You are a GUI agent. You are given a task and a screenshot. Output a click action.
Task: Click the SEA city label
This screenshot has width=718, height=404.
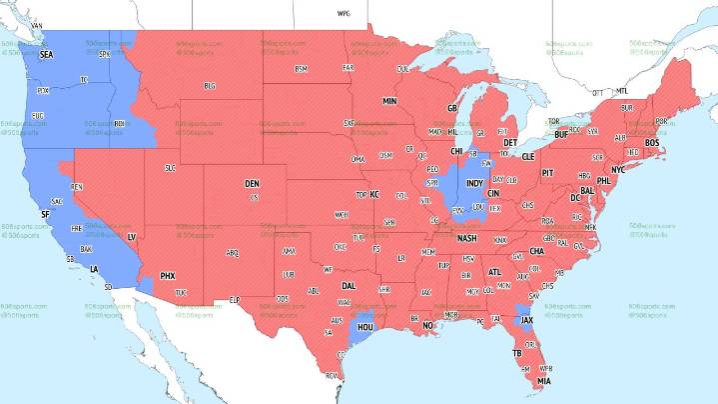pos(46,56)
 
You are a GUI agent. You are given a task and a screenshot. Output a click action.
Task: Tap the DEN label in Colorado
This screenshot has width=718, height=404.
pos(252,184)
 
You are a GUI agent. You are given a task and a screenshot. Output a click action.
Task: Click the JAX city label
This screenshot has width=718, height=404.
pos(526,321)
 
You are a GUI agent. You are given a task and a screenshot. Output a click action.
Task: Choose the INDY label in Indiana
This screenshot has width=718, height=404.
pos(473,184)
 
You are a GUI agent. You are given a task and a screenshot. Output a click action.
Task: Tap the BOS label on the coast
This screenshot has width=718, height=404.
pos(652,143)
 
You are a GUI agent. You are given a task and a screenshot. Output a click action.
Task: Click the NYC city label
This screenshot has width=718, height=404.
pos(617,170)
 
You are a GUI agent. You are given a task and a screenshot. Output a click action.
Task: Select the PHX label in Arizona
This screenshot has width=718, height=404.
pos(168,275)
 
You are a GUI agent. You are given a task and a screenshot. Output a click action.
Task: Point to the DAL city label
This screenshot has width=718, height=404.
pos(349,286)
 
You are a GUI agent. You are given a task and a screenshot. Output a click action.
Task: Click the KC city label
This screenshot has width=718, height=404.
pos(374,194)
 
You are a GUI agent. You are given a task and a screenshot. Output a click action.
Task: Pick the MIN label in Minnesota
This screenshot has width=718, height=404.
pos(389,102)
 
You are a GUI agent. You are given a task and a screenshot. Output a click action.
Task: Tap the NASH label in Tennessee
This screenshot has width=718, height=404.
pos(466,238)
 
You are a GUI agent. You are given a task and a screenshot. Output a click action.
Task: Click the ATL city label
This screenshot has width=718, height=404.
pos(494,272)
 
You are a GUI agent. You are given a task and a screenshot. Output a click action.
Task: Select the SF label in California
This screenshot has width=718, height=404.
pos(44,214)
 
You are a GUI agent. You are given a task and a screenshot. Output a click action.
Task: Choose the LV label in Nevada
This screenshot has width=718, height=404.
pos(132,237)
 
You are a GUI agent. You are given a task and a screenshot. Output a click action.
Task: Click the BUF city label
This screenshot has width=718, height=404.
pos(561,134)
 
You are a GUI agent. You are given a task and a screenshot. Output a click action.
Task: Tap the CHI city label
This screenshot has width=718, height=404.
pos(457,151)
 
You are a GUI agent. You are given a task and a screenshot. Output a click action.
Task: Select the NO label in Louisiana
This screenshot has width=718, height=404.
pos(427,326)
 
